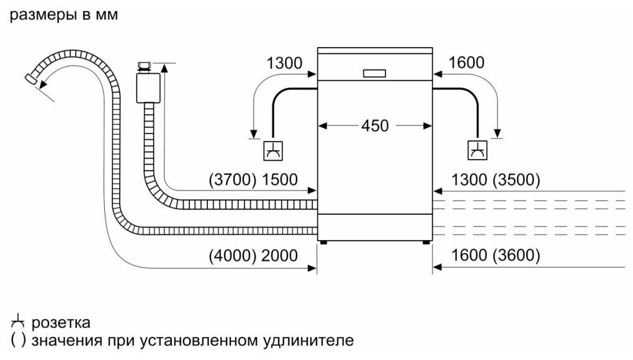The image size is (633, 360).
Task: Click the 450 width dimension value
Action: [375, 125]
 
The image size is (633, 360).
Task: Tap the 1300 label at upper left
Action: [284, 63]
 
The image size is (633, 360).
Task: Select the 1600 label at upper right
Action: [466, 63]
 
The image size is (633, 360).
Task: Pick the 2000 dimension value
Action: [279, 255]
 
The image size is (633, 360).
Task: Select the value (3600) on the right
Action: [516, 255]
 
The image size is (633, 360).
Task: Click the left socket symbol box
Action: [274, 150]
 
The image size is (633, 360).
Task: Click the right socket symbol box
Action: [477, 150]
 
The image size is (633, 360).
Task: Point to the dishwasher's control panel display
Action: [375, 73]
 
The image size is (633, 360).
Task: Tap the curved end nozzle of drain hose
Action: [30, 78]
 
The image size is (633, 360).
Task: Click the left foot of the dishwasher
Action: [321, 241]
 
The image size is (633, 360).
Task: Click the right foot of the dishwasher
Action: [427, 241]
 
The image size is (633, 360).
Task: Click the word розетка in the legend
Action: [61, 323]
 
